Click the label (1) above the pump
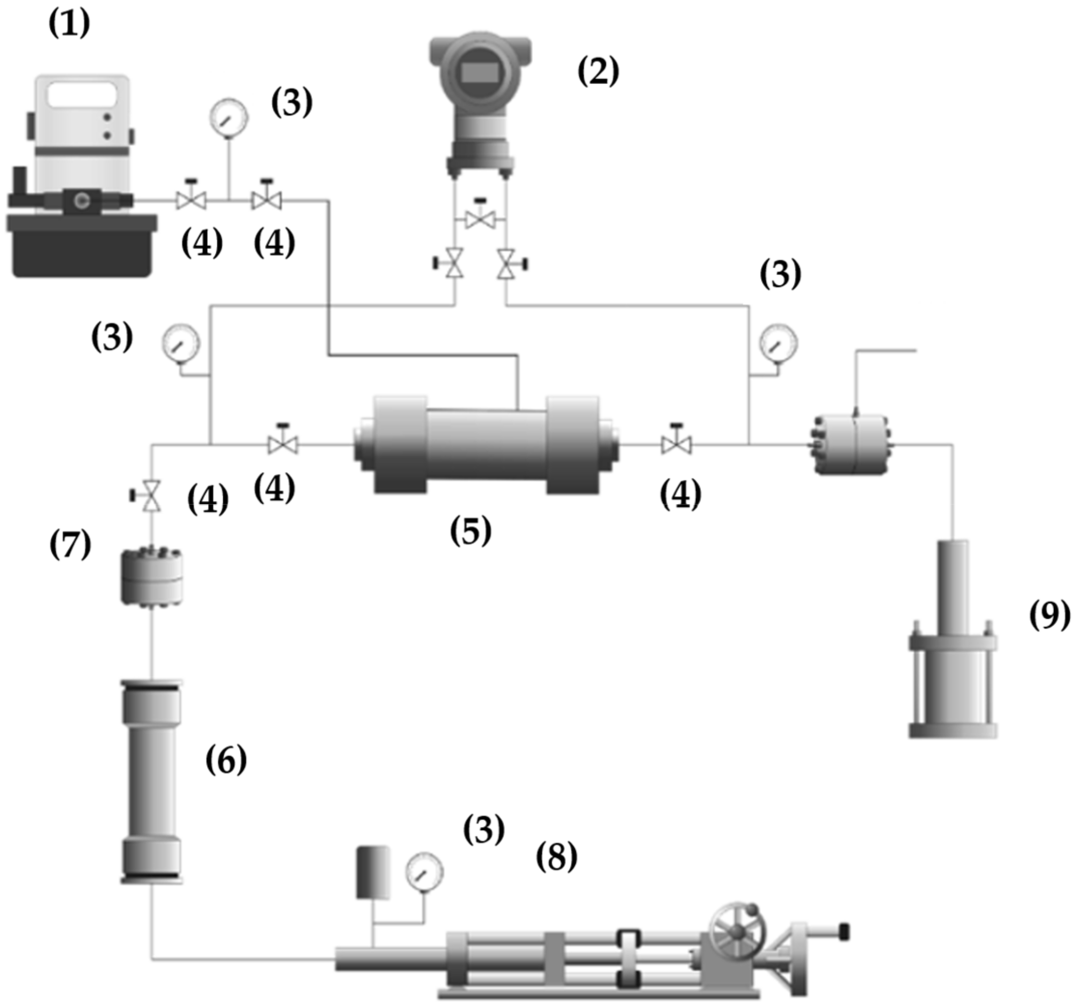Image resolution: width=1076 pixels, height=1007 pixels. [x=69, y=24]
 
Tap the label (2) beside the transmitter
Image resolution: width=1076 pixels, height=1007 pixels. [x=598, y=71]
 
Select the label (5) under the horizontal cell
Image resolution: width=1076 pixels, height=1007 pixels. [x=470, y=531]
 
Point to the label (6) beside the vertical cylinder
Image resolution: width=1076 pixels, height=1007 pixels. [x=226, y=760]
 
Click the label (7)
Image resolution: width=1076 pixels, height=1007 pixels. [x=70, y=545]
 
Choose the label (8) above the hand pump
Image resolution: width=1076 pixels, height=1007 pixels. [x=556, y=857]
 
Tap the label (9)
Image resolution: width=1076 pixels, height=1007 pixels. [x=1049, y=616]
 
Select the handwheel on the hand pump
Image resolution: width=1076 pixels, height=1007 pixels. [x=737, y=930]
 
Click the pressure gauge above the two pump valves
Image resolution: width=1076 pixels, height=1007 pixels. [x=229, y=117]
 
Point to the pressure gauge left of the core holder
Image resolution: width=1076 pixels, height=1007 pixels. [x=182, y=343]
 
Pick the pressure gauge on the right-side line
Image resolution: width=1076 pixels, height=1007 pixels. [x=779, y=343]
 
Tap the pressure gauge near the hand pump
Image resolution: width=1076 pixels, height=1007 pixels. [x=424, y=872]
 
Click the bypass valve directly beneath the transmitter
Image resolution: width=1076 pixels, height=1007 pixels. [x=480, y=219]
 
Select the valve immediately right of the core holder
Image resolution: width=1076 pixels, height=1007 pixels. [x=676, y=444]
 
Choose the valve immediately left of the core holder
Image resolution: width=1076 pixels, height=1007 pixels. [x=283, y=444]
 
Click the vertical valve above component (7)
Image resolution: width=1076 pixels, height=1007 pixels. [x=151, y=495]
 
